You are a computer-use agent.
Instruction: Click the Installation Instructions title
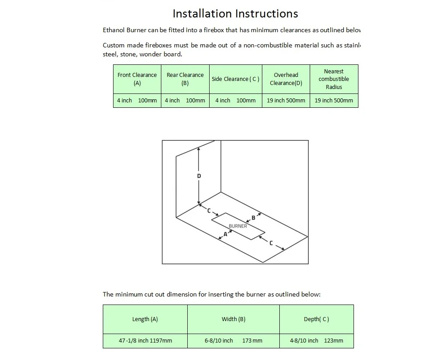235,13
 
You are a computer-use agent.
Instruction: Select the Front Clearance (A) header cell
137,79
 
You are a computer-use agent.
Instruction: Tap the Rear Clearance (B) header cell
185,79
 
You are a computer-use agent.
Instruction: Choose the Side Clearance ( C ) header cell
236,79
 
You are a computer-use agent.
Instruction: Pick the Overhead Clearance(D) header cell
286,79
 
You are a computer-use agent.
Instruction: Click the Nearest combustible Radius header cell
334,79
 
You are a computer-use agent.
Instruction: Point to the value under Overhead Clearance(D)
286,101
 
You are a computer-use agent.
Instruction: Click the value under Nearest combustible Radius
334,101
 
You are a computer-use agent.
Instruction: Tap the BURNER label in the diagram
238,226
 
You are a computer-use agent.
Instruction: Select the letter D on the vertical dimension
199,176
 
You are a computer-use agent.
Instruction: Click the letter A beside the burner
225,234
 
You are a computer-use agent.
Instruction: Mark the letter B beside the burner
253,218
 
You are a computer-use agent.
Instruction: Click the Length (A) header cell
145,319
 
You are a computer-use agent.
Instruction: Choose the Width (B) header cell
233,319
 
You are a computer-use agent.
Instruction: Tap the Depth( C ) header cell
316,319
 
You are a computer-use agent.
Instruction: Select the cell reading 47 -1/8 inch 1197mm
145,341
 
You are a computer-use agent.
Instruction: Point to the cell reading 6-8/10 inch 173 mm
233,341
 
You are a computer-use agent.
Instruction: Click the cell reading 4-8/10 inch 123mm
316,341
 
